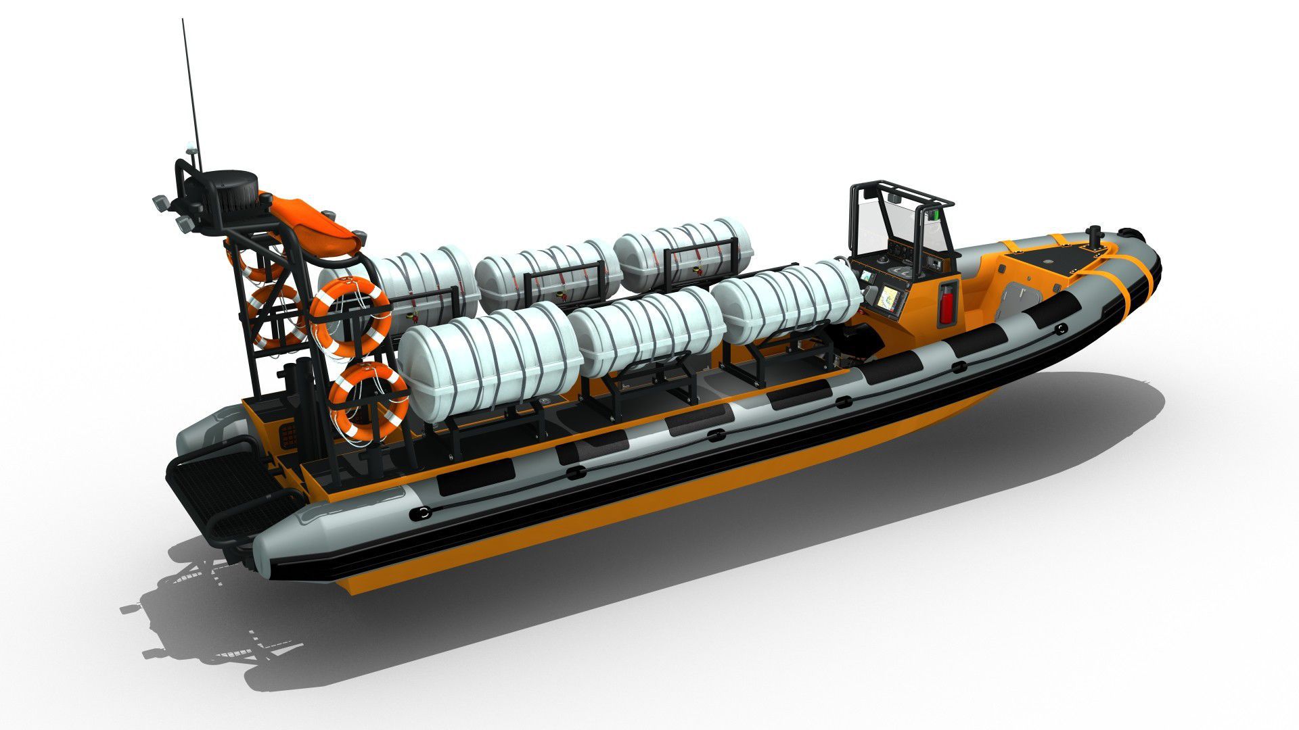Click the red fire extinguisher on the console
(x=948, y=300)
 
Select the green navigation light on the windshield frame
(x=936, y=215)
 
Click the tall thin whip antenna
(x=189, y=81)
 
